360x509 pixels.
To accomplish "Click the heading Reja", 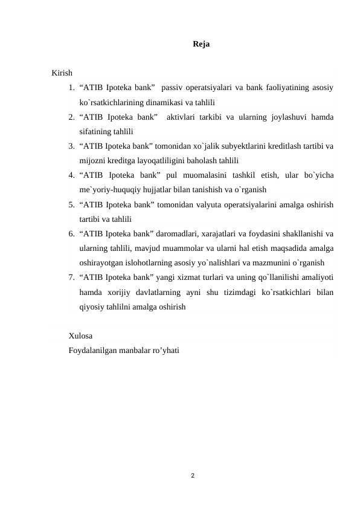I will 201,44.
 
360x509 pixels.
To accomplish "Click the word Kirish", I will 62,73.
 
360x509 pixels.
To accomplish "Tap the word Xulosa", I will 80,336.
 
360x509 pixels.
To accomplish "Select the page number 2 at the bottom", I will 192,477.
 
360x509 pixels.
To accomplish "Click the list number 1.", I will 71,88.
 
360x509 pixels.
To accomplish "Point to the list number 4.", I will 71,175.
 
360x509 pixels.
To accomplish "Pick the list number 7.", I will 71,277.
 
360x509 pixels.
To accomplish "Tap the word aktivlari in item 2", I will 182,117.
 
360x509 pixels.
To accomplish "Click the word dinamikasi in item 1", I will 166,102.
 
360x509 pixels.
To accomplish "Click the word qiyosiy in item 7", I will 92,306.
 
